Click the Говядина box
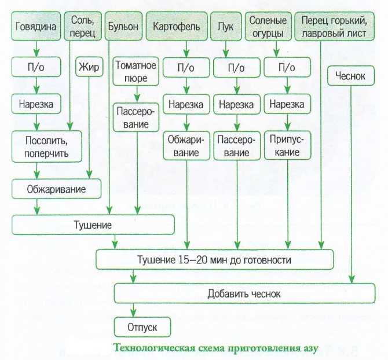[x=36, y=26]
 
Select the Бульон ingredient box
[x=123, y=26]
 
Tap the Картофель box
[x=177, y=26]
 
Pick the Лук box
[x=226, y=26]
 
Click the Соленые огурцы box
[x=268, y=26]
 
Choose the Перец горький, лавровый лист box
[x=335, y=26]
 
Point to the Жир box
[x=89, y=67]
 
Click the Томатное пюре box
[x=136, y=71]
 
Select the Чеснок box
[x=351, y=76]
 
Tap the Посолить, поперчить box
[x=46, y=146]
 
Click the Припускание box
[x=287, y=146]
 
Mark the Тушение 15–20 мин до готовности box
[x=214, y=260]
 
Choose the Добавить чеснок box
[x=244, y=293]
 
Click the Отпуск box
[x=142, y=327]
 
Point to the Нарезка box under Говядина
[x=36, y=104]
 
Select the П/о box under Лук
[x=237, y=67]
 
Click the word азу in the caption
[x=310, y=348]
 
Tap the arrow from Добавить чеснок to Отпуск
[x=133, y=310]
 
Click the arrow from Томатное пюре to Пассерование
[x=137, y=94]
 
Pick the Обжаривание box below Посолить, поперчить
[x=56, y=189]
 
